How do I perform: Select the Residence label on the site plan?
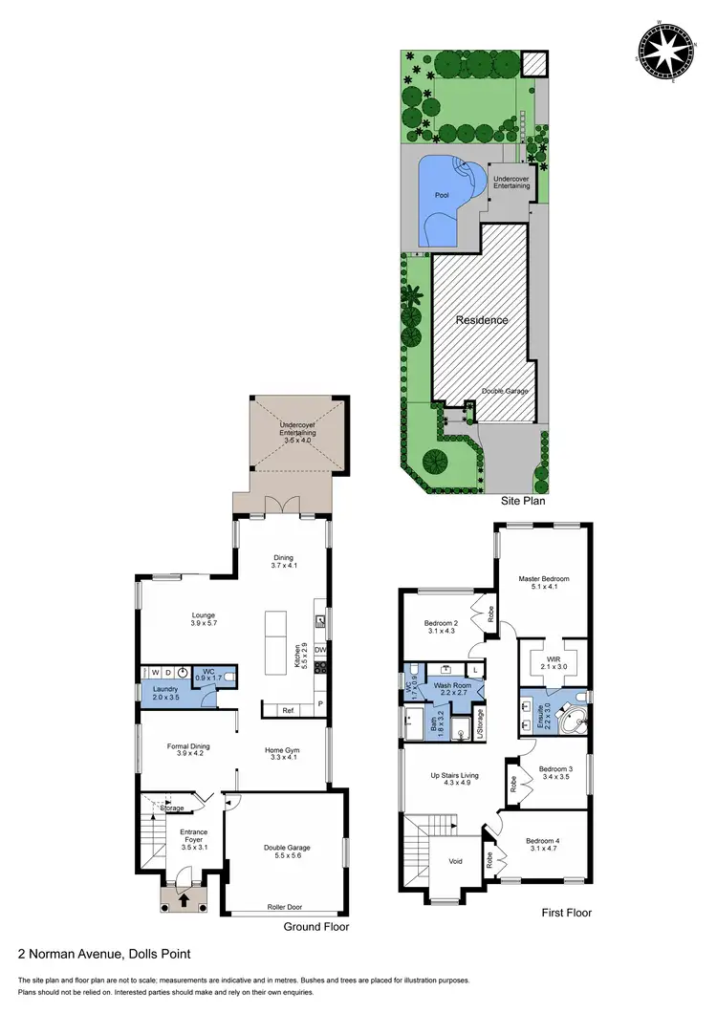pos(482,320)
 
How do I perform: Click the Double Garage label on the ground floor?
pos(287,848)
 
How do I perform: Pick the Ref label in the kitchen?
pos(287,710)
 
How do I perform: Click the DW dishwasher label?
pos(319,651)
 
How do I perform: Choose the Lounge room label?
pos(203,614)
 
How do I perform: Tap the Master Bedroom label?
pos(544,578)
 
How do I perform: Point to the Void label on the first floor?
pos(456,861)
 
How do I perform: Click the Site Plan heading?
pos(524,500)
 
